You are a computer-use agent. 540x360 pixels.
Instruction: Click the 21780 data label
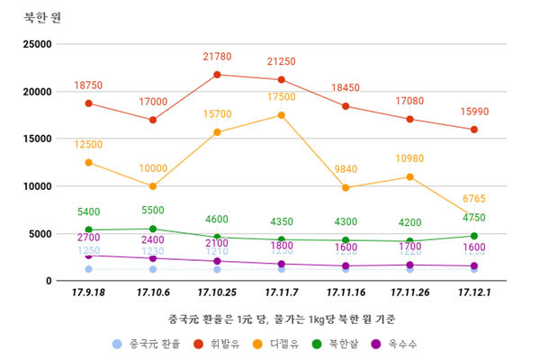tap(217, 58)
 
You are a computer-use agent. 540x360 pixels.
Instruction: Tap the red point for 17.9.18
tap(88, 103)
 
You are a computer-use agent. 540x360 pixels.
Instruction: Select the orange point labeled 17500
tap(282, 115)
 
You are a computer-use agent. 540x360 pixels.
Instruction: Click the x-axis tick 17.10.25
tap(217, 292)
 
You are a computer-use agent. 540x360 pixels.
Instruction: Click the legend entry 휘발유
tap(224, 343)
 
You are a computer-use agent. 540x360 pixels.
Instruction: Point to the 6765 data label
tap(474, 199)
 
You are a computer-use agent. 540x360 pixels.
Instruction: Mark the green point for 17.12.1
tap(474, 236)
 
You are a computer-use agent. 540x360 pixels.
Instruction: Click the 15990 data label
tap(474, 112)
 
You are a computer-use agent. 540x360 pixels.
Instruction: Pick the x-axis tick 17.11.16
tap(346, 292)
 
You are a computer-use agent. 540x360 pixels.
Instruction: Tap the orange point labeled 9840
tap(346, 188)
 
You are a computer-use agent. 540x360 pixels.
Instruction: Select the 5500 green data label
tap(153, 211)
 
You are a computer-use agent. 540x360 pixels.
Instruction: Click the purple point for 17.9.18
tap(88, 256)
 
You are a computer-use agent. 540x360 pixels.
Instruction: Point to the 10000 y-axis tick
tap(36, 186)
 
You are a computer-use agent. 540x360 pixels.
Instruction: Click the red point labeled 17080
tap(410, 119)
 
